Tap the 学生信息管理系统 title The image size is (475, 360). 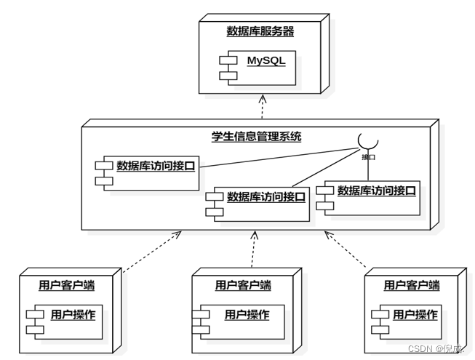tap(256, 136)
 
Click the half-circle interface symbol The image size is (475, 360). tap(367, 141)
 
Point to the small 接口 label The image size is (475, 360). tap(369, 156)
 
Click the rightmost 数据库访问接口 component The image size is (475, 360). tap(371, 197)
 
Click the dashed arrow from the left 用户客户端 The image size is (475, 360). tap(149, 252)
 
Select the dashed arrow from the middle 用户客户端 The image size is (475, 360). tap(254, 250)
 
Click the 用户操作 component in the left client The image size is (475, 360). tap(65, 321)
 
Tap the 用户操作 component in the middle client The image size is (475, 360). tap(241, 321)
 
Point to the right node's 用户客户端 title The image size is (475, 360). tap(411, 285)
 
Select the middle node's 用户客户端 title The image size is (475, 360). tap(243, 285)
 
